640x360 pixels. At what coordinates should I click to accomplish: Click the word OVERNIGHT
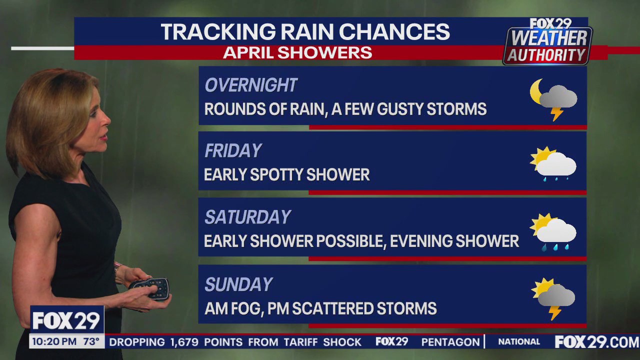[251, 85]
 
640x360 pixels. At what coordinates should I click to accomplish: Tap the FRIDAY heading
[233, 151]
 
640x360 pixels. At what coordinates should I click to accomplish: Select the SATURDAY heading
[247, 217]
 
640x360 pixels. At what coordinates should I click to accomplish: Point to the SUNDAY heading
[238, 284]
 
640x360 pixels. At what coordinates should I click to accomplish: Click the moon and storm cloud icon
[553, 98]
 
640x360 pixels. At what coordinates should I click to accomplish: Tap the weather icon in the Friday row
[553, 163]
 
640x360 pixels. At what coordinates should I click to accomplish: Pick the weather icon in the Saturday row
[553, 231]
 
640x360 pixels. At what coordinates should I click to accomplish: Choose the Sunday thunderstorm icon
[553, 298]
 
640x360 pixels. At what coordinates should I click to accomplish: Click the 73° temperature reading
[91, 342]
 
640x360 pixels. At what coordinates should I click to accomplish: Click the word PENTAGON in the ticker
[450, 342]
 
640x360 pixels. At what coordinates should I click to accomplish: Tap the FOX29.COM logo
[596, 342]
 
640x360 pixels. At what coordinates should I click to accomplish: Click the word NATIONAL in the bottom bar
[519, 342]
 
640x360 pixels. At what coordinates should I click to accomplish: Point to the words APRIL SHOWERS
[297, 52]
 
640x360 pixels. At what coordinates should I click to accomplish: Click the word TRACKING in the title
[216, 32]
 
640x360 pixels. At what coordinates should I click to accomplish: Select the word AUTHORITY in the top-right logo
[546, 55]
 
